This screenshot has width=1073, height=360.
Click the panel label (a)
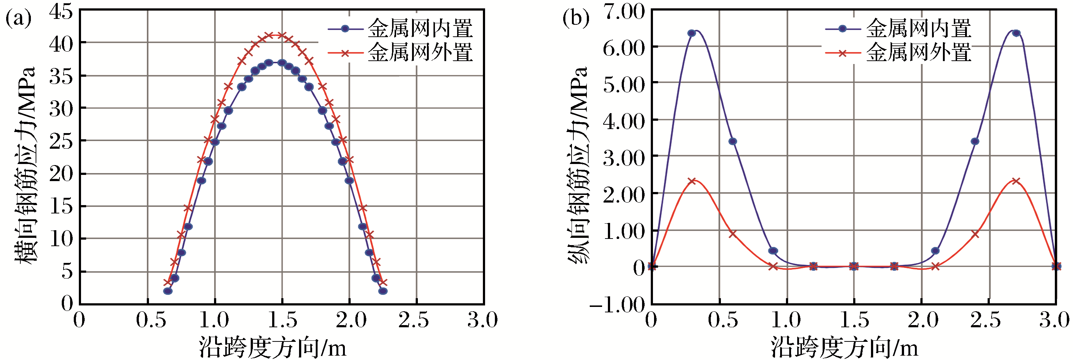(18, 19)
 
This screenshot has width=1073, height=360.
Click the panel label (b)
(576, 19)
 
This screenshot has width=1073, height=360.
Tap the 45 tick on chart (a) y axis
(61, 12)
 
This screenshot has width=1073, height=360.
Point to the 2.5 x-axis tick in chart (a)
(413, 320)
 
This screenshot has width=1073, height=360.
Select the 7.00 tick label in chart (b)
(624, 12)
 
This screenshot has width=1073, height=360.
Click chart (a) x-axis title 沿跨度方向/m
(273, 347)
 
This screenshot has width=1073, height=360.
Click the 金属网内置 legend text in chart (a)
(420, 29)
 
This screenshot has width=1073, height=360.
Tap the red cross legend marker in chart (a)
(345, 53)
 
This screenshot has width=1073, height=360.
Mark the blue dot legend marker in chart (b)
(842, 29)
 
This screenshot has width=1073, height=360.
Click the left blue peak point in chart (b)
(691, 33)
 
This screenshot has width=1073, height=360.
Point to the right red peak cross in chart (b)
(1016, 181)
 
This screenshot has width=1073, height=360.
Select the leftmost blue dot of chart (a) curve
(168, 291)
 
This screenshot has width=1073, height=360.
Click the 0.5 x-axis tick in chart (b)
(723, 320)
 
